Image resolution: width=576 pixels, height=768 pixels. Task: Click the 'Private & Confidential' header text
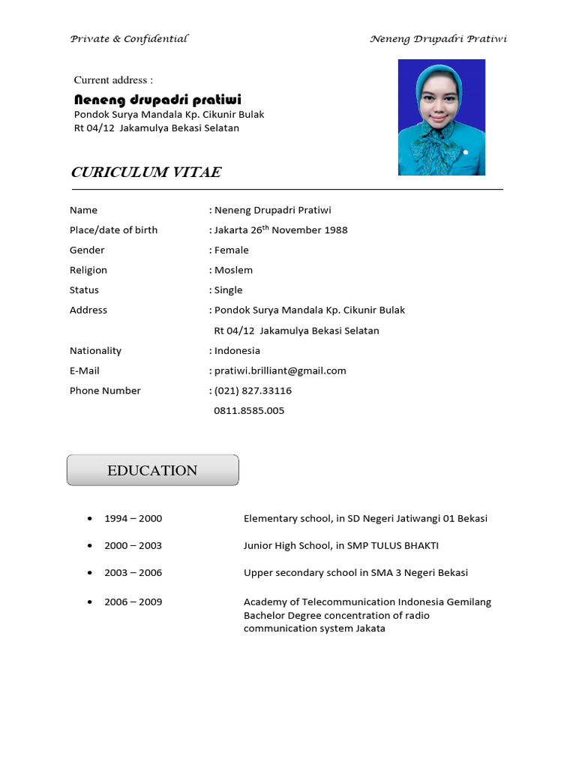point(129,39)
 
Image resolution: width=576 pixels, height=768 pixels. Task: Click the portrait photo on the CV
point(441,118)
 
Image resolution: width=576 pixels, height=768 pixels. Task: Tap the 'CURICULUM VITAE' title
point(146,172)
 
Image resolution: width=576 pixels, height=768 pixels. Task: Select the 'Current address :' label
point(113,80)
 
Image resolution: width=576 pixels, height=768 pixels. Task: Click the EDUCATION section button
point(152,470)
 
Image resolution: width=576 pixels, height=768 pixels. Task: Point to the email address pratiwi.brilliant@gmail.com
point(280,370)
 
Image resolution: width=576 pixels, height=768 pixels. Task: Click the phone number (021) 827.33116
point(253,391)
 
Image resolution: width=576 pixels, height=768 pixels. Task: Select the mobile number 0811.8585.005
point(249,411)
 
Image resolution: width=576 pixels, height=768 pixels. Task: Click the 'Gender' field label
point(87,250)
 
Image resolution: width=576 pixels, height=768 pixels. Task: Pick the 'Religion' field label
point(88,270)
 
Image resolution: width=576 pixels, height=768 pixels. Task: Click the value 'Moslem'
point(233,270)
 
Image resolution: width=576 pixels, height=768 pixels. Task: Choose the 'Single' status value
point(228,290)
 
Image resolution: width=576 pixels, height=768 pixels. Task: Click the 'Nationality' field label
point(95,350)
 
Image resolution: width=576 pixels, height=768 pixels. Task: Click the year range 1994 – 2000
point(133,518)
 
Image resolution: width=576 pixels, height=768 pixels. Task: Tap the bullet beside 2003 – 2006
point(90,572)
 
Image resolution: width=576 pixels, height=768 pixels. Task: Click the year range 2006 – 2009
point(133,601)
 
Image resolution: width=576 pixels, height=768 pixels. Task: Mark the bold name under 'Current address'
point(157,100)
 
